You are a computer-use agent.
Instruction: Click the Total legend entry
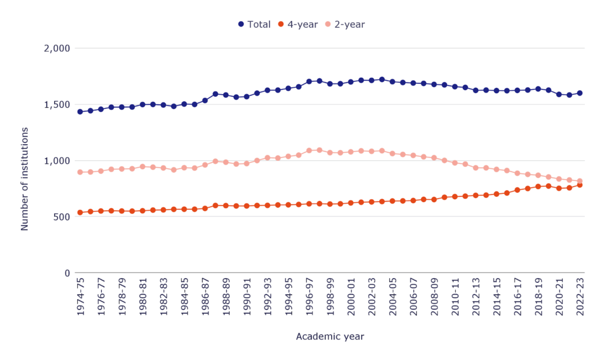(x=254, y=24)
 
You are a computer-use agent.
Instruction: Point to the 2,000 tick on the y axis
(x=57, y=48)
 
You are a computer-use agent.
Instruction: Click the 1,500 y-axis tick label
(x=57, y=104)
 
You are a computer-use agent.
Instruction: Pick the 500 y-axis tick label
(x=61, y=217)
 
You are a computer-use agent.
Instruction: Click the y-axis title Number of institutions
(x=25, y=160)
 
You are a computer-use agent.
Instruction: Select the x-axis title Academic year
(x=330, y=336)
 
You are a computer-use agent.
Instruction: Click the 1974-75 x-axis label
(x=80, y=297)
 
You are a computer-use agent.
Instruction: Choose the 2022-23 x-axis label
(x=579, y=297)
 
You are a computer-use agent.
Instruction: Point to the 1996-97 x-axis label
(x=309, y=297)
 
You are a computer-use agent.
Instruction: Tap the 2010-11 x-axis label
(x=455, y=297)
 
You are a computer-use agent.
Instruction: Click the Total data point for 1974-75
(x=80, y=111)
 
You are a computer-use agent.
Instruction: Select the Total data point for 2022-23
(x=579, y=93)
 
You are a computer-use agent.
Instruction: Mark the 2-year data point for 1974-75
(x=80, y=172)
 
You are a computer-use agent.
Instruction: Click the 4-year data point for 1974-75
(x=80, y=212)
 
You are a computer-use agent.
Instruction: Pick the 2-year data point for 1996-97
(x=309, y=150)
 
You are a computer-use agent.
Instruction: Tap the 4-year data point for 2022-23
(x=579, y=185)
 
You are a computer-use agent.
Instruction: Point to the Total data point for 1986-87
(x=205, y=100)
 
